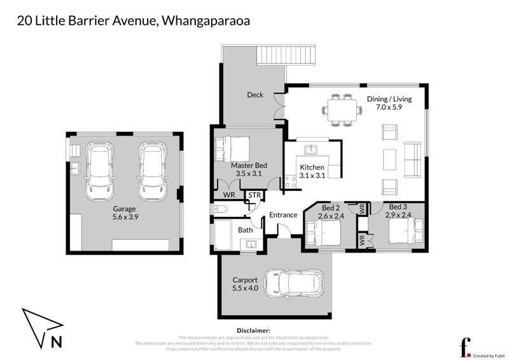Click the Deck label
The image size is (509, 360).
pos(255,95)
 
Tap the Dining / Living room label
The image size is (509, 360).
pos(389,104)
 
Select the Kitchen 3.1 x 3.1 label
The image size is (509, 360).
pos(312,171)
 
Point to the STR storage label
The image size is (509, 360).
pos(254,195)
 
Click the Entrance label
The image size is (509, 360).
pos(283,215)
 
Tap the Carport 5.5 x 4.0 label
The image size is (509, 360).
pos(245,284)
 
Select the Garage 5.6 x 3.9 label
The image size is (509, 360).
pos(125,212)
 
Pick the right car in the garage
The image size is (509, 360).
pos(151,169)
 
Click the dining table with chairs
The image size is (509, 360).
pos(339,109)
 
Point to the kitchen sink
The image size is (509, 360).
pos(311,150)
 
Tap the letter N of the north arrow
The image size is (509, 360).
pos(56,341)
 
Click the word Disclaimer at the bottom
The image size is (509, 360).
pos(254,331)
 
